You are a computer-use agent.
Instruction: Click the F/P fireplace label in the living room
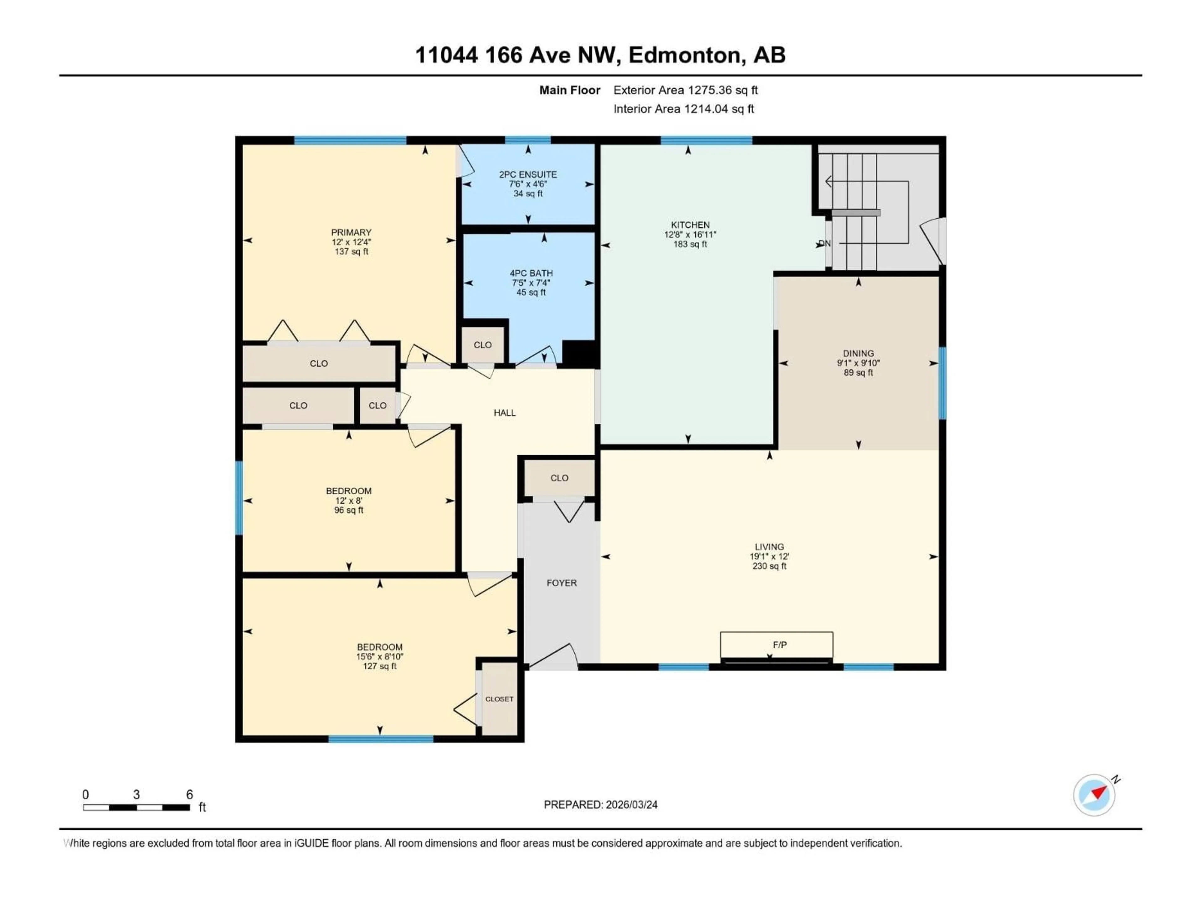click(x=779, y=645)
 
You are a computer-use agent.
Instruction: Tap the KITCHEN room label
click(x=690, y=225)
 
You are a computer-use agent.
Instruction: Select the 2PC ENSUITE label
click(x=528, y=174)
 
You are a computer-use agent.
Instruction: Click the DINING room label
click(x=858, y=353)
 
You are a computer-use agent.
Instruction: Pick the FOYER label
click(x=561, y=583)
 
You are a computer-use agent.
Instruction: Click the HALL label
click(x=504, y=413)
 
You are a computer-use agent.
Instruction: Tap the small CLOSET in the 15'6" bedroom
click(x=499, y=699)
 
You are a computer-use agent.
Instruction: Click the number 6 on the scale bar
click(x=189, y=794)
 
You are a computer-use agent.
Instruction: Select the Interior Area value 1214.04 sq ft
click(x=718, y=109)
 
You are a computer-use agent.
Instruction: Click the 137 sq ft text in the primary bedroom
click(x=351, y=252)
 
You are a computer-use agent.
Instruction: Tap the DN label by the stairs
click(x=824, y=244)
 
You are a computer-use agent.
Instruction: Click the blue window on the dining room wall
click(x=942, y=383)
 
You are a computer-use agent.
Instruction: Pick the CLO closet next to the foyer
click(x=559, y=478)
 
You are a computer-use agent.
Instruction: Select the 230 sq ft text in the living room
click(x=769, y=566)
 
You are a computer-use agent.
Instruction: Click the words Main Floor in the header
click(x=569, y=90)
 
